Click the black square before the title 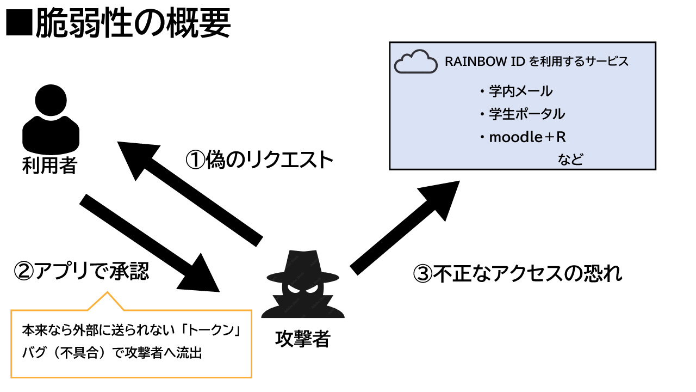[x=19, y=22]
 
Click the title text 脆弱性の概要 [x=133, y=22]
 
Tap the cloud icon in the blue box [x=416, y=62]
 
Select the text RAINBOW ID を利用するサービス [x=537, y=62]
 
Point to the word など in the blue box [x=570, y=160]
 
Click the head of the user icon [x=51, y=100]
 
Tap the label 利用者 [x=49, y=165]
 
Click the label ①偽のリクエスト [x=259, y=160]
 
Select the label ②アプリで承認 [x=82, y=271]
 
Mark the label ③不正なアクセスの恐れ [x=518, y=273]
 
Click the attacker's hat [x=303, y=267]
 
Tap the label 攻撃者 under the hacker [x=303, y=339]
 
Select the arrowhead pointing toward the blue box [x=441, y=199]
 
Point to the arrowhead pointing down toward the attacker [x=201, y=275]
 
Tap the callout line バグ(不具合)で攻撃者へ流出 [x=112, y=353]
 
